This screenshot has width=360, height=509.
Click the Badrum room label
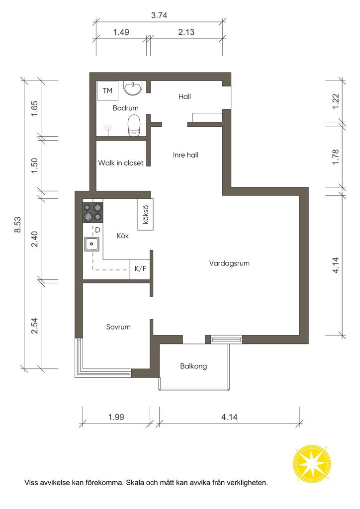pyautogui.click(x=125, y=108)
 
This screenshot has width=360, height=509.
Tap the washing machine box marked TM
pyautogui.click(x=107, y=91)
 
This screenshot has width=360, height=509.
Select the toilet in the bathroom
pyautogui.click(x=134, y=125)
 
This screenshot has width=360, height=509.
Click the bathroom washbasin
pyautogui.click(x=132, y=88)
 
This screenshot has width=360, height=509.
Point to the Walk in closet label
pyautogui.click(x=121, y=163)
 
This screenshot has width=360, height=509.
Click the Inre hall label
pyautogui.click(x=185, y=155)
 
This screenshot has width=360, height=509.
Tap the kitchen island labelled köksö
pyautogui.click(x=145, y=214)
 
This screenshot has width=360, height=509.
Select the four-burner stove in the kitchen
pyautogui.click(x=93, y=212)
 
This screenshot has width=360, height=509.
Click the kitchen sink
pyautogui.click(x=92, y=244)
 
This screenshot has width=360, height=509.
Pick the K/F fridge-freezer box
pyautogui.click(x=140, y=269)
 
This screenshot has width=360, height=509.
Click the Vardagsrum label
pyautogui.click(x=229, y=263)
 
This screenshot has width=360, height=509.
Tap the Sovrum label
pyautogui.click(x=118, y=327)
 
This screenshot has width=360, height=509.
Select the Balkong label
pyautogui.click(x=193, y=366)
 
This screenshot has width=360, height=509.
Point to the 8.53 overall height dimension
pyautogui.click(x=17, y=224)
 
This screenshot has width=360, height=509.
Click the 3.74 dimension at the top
pyautogui.click(x=159, y=15)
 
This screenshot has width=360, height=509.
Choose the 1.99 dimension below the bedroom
pyautogui.click(x=116, y=417)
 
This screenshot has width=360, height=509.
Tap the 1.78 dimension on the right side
pyautogui.click(x=336, y=157)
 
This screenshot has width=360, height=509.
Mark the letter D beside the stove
pyautogui.click(x=97, y=230)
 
